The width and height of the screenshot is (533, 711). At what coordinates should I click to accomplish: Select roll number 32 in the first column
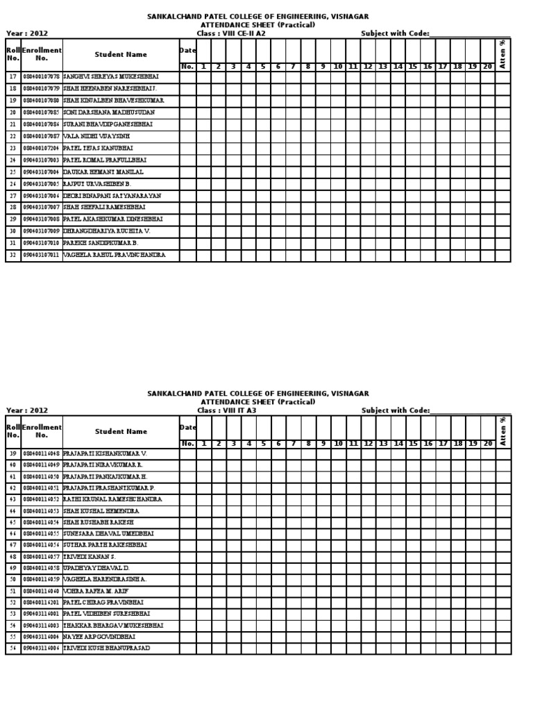(12, 256)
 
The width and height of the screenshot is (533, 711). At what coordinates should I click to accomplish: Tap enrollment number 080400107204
(42, 149)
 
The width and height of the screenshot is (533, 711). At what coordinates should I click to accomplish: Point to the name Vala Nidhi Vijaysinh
(96, 137)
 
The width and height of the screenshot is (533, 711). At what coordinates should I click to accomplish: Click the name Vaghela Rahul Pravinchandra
(114, 256)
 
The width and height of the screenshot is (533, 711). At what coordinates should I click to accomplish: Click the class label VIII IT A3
(227, 411)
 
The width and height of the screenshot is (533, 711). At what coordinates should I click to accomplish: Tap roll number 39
(12, 453)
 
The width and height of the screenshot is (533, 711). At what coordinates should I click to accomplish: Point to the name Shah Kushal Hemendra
(101, 511)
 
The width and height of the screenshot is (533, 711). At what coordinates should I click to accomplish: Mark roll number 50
(12, 578)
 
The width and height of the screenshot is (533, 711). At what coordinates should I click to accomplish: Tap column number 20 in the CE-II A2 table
(487, 67)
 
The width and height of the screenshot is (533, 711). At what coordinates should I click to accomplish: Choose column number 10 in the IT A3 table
(338, 444)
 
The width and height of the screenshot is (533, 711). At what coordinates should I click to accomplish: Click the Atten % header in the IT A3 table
(503, 431)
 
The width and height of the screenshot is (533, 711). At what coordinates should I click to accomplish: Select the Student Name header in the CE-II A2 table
(121, 54)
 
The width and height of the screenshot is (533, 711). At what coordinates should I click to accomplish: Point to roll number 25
(12, 172)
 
